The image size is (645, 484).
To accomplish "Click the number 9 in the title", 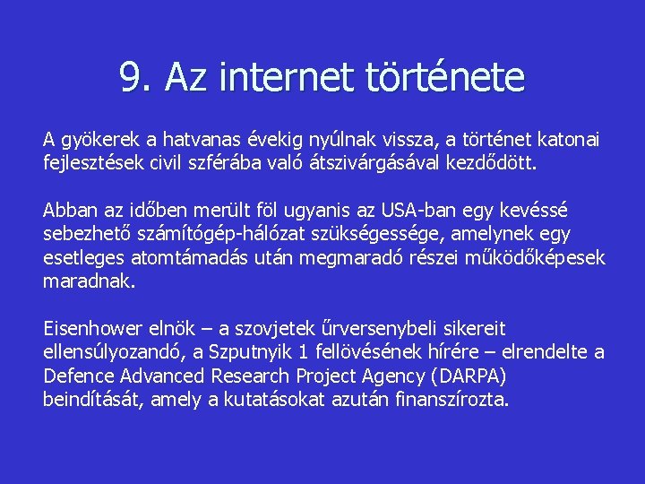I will click(131, 78).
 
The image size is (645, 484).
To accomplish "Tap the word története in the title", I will click(445, 78).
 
